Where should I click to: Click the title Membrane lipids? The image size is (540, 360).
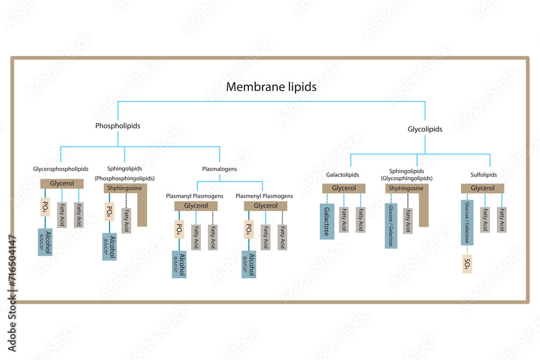pos(271,86)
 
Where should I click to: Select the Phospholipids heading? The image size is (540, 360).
pos(118,126)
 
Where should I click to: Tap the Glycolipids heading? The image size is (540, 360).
pos(424,129)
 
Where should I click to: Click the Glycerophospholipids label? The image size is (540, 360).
pos(60,169)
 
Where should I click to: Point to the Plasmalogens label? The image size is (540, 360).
pos(219,169)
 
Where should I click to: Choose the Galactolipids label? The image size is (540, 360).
pos(342,175)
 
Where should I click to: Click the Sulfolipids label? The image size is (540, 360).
pos(483,175)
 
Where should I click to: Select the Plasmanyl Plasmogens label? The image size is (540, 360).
pos(194,196)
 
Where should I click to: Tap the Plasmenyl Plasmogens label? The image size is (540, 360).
pos(265,196)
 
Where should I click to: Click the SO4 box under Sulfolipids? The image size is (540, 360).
pos(467,264)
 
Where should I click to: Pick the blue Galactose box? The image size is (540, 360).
pos(327,222)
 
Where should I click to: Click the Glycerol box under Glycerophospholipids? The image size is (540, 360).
pos(62,184)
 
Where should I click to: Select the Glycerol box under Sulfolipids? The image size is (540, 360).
pos(482,188)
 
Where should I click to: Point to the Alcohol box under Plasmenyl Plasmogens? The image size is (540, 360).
pos(249,264)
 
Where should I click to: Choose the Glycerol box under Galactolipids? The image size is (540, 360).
pos(343,188)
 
